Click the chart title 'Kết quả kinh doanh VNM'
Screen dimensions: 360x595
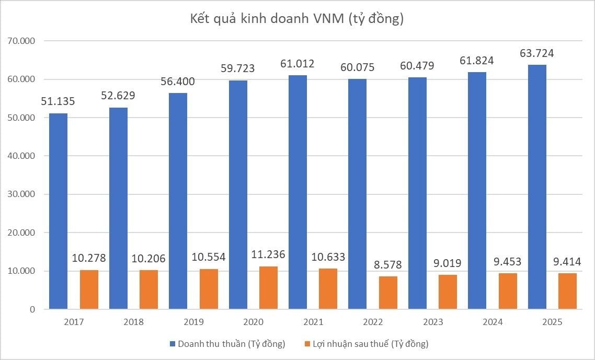pyautogui.click(x=297, y=19)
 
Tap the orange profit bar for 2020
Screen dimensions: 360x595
pyautogui.click(x=268, y=287)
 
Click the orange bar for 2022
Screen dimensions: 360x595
pyautogui.click(x=388, y=293)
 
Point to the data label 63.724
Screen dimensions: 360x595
pyautogui.click(x=537, y=53)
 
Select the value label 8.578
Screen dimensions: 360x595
pyautogui.click(x=388, y=265)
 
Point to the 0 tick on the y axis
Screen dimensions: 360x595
pyautogui.click(x=32, y=309)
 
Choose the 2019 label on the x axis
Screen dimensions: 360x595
pyautogui.click(x=193, y=322)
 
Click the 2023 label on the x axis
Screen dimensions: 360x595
pyautogui.click(x=432, y=322)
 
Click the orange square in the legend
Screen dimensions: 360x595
pyautogui.click(x=306, y=344)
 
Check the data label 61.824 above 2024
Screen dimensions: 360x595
pyautogui.click(x=476, y=61)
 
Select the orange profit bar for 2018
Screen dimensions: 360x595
pyautogui.click(x=148, y=289)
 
